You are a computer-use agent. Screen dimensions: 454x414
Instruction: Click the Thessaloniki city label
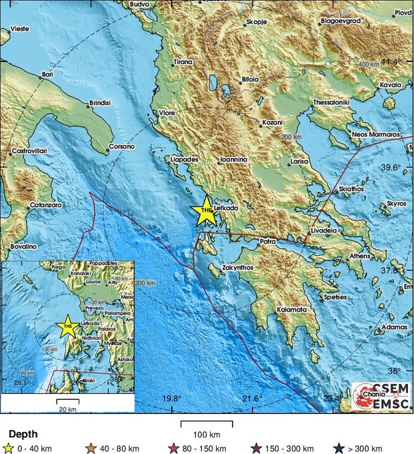(x=331, y=103)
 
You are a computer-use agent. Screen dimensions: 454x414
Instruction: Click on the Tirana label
(x=183, y=62)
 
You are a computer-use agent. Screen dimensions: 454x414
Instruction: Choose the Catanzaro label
(x=46, y=204)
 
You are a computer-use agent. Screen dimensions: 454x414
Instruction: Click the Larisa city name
(x=298, y=162)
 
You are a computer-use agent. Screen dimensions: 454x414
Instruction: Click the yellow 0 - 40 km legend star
(x=9, y=448)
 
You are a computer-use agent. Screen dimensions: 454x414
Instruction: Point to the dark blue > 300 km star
(x=340, y=448)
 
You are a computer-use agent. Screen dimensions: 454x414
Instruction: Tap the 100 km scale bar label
(x=207, y=435)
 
